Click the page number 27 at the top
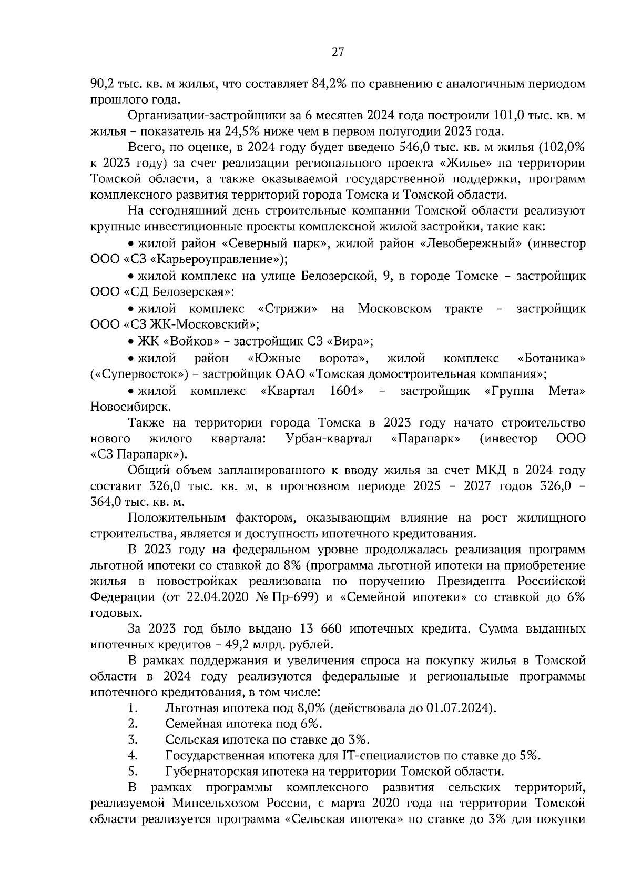pyautogui.click(x=337, y=52)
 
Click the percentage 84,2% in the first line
pyautogui.click(x=328, y=83)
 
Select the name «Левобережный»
pyautogui.click(x=472, y=243)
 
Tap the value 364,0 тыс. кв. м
pyautogui.click(x=137, y=501)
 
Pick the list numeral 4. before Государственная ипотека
pyautogui.click(x=133, y=756)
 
